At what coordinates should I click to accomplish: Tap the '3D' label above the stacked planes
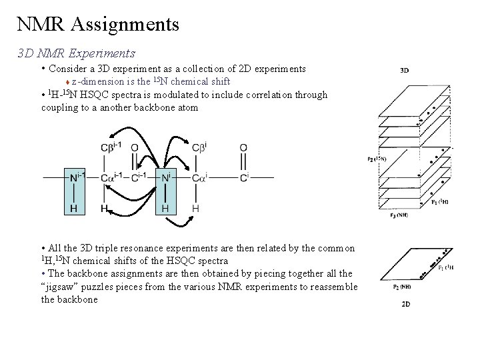tap(405, 69)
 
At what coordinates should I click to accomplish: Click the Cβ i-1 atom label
tap(111, 147)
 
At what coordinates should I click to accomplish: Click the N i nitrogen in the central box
tap(166, 177)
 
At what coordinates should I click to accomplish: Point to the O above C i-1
tap(135, 147)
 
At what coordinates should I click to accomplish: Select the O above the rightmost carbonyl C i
tap(243, 147)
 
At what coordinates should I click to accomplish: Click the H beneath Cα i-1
tap(105, 208)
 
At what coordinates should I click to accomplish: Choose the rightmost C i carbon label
tap(244, 177)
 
